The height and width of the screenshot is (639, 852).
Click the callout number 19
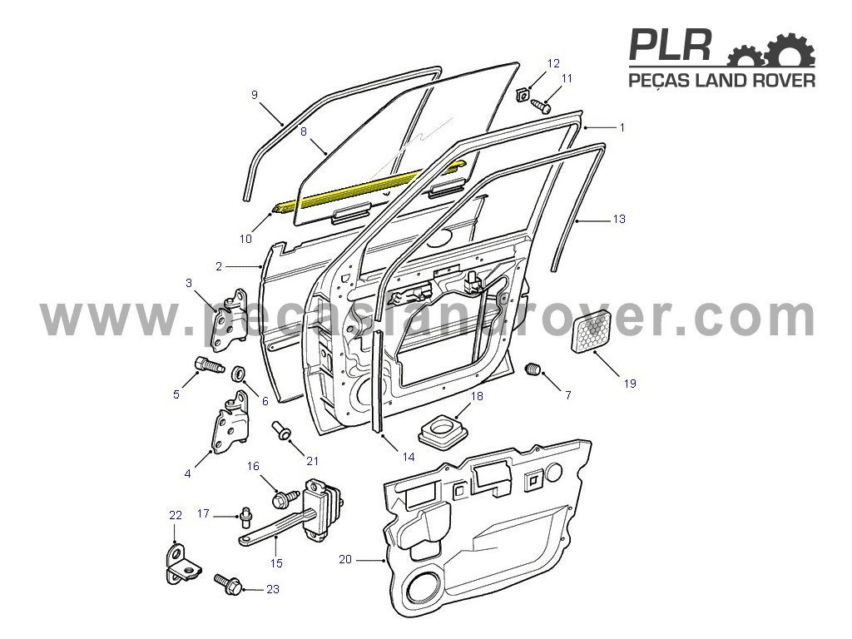[630, 384]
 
